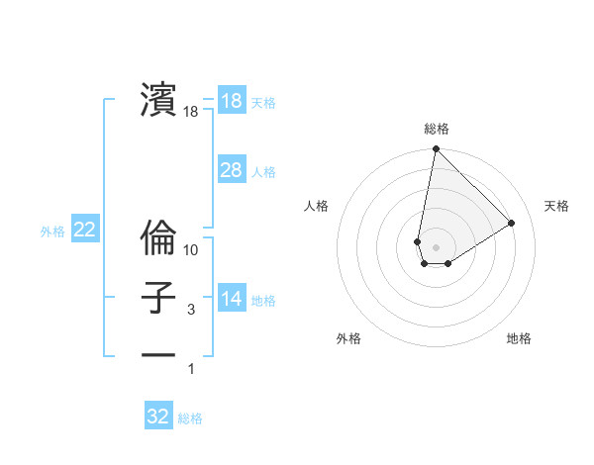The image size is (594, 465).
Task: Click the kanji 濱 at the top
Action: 158,99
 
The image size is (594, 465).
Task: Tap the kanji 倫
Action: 158,238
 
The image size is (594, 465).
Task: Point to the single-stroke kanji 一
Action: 158,353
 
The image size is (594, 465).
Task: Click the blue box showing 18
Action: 231,101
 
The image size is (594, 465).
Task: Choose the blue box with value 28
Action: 231,170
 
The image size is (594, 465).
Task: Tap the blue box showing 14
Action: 231,299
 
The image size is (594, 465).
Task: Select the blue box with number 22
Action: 84,230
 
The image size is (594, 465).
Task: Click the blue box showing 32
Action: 158,417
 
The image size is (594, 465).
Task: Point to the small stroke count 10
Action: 191,249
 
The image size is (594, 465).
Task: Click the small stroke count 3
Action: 191,310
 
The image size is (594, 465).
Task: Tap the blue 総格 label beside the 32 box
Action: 190,418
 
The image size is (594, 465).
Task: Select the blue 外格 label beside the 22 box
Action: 52,232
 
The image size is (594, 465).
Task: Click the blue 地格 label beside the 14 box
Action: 263,301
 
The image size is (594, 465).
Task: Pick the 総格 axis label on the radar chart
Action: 437,129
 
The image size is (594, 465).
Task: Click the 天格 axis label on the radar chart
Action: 556,206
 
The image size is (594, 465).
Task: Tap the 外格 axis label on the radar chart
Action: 348,338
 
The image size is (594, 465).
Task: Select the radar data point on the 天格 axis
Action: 512,224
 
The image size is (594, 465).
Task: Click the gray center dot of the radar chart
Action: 437,247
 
